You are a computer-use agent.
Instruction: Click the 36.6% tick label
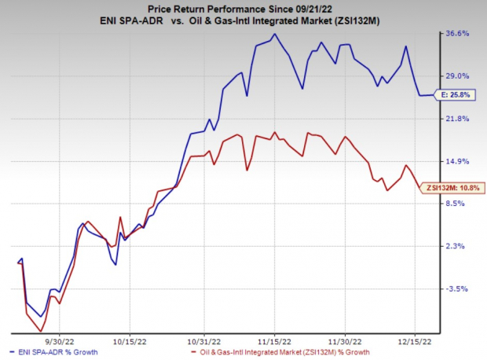(458, 34)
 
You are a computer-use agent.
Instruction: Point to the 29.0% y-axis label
(458, 76)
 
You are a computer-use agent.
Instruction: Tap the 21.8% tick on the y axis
(458, 119)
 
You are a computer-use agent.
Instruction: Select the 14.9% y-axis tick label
(458, 161)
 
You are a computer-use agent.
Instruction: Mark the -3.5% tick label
(456, 289)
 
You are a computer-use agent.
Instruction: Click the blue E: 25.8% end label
(455, 95)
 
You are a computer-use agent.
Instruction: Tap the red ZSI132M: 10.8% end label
(456, 188)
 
